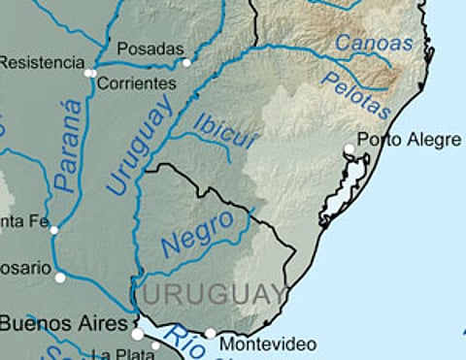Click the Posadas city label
coord(150,49)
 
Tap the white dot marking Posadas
coord(186,63)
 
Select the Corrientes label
coord(137,83)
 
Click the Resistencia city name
coord(42,63)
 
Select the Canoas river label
coord(373,44)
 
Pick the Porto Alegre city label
coord(409,141)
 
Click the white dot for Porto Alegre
coord(349,149)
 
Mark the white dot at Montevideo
coord(211,334)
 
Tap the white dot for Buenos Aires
coord(138,334)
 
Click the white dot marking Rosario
coord(60,278)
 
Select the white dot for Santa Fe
coord(54,230)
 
